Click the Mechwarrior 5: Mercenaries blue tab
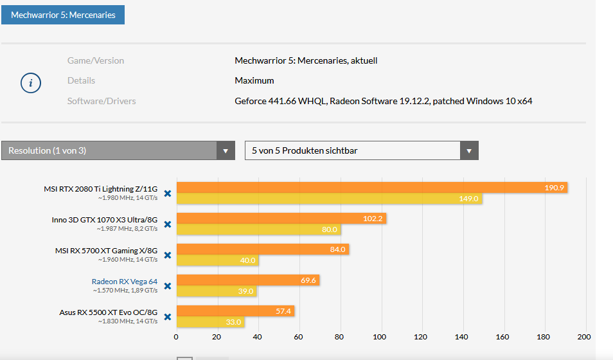tap(63, 14)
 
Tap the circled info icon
tap(31, 83)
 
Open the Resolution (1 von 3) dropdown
tap(118, 150)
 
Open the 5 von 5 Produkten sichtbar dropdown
tap(361, 150)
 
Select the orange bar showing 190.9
tap(371, 188)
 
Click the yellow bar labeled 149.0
tap(329, 199)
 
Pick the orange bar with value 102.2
tap(281, 219)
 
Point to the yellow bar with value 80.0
tap(258, 230)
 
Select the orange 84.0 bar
tap(262, 249)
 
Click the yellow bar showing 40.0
tap(217, 260)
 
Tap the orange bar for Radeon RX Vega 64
tap(247, 280)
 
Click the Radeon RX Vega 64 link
tap(124, 281)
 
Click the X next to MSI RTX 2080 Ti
tap(167, 193)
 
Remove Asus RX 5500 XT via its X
tap(167, 316)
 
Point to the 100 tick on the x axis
tap(380, 336)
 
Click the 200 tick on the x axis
tap(584, 336)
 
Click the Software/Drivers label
tap(102, 101)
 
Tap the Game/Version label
tap(96, 60)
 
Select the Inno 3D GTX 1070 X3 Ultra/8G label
tap(104, 219)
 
